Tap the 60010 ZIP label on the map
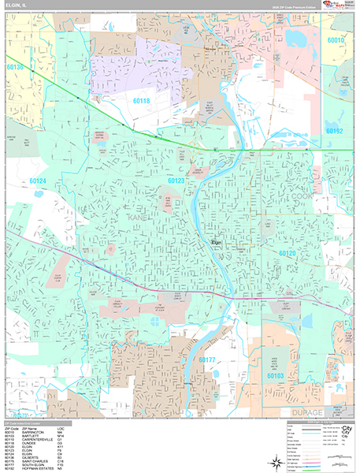[x=336, y=39]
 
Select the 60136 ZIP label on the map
[x=14, y=69]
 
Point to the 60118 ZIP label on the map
[x=141, y=101]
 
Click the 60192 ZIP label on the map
[x=335, y=131]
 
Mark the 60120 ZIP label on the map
[x=287, y=252]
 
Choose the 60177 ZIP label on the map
[x=206, y=360]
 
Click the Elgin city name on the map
[x=217, y=242]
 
